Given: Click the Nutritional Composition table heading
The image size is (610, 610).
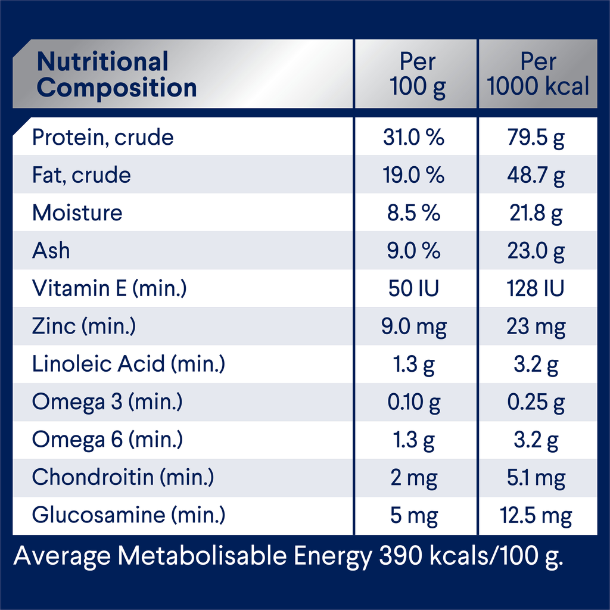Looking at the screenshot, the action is pos(117,74).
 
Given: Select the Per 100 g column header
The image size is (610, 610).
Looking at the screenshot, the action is pos(418,74).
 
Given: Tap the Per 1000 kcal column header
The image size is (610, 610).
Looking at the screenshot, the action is pos(538,74).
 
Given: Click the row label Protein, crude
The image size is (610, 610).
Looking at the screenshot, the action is pos(102,138).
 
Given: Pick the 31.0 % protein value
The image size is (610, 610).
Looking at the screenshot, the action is pos(413,137).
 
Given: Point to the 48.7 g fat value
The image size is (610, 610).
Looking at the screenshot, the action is pos(536,176).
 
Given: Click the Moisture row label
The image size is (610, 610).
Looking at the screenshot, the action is pos(77,213).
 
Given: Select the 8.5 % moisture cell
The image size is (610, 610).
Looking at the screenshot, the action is pos(413,213).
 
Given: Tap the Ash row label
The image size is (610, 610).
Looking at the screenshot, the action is pos(51,250).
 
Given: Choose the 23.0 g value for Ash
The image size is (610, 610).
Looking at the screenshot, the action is pos(536,251).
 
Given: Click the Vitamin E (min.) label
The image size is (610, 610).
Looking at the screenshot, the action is pos(110,288).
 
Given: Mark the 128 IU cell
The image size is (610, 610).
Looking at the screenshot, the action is pos(536,288).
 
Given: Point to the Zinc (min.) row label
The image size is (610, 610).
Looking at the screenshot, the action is pos(84,326).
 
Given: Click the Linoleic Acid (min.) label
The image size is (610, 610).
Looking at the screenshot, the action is pos(129,364).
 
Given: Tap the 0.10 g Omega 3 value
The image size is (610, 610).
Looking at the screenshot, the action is pos(414,402).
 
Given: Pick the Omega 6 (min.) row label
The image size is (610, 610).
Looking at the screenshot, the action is pos(107,440).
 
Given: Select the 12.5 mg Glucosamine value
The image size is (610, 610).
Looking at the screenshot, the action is pos(536,516).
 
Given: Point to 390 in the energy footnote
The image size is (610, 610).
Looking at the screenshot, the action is pos(401,555).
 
